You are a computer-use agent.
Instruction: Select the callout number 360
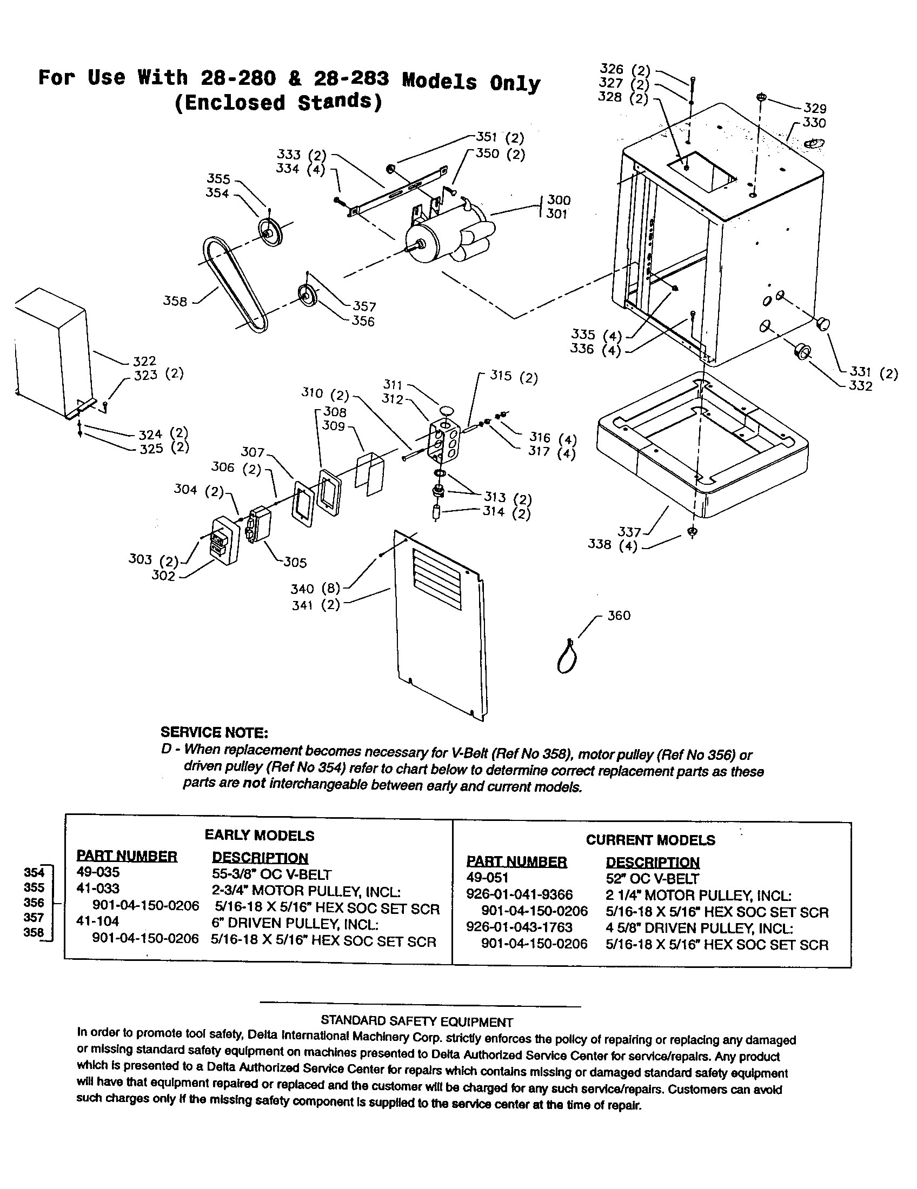click(619, 616)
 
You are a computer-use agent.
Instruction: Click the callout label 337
click(629, 531)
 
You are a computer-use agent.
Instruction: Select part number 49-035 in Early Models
click(98, 872)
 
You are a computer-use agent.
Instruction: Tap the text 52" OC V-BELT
click(652, 878)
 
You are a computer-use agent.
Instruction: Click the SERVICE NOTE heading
click(214, 732)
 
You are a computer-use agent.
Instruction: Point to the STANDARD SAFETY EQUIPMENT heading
click(416, 1022)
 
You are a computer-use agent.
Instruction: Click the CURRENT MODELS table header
click(650, 840)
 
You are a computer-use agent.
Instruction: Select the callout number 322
click(144, 361)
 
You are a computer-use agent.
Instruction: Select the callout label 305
click(295, 563)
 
